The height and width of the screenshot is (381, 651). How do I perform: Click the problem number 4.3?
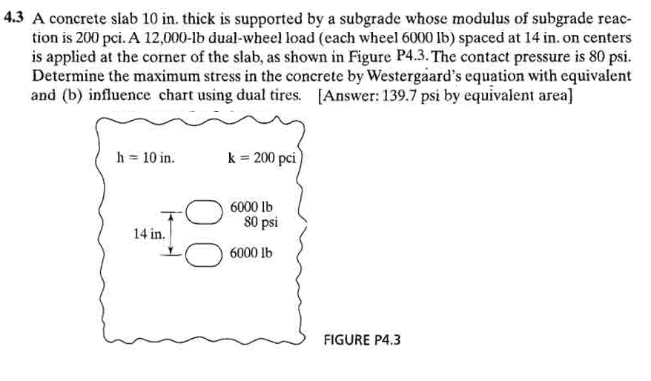pos(13,18)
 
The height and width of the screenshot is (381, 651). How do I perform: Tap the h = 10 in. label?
pos(145,158)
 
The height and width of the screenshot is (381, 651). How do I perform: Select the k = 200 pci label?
pos(262,158)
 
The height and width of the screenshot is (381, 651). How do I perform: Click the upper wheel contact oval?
pos(204,212)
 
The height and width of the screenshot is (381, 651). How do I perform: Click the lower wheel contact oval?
pos(204,254)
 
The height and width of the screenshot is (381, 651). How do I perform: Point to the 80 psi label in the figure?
pos(261,222)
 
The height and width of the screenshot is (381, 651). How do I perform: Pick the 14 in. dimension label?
pos(149,233)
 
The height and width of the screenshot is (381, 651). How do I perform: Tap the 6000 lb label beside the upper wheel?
pos(251,206)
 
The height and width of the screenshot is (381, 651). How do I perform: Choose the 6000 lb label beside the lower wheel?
pos(251,252)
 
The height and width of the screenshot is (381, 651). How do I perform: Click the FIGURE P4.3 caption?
pos(362,340)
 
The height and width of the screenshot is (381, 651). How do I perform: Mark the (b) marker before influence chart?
pos(70,96)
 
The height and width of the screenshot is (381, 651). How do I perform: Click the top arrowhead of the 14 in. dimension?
pos(170,216)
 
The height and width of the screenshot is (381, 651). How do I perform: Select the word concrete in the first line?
pos(81,19)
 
